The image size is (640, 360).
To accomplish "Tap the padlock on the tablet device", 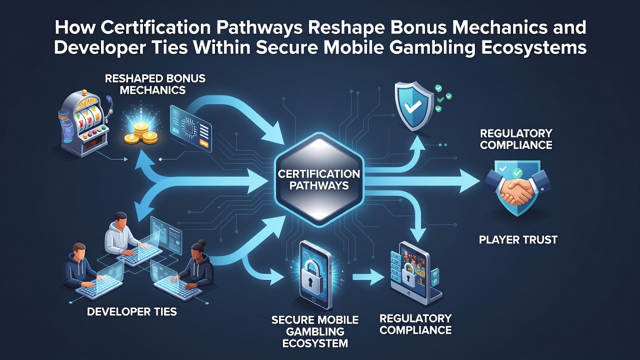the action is coord(409,275).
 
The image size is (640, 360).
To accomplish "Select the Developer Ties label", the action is coord(131,311).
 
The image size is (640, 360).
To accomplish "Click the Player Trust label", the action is coord(518,239).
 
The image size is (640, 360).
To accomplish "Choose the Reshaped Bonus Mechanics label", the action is coord(155,84).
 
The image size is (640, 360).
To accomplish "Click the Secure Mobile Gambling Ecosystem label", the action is coord(315,331).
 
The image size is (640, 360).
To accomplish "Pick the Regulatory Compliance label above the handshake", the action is coord(516,139).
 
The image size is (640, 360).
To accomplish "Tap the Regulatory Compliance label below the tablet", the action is coord(415,324).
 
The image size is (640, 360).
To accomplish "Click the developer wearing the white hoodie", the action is coord(120,234).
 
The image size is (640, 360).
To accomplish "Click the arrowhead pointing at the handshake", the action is coord(470,181).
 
